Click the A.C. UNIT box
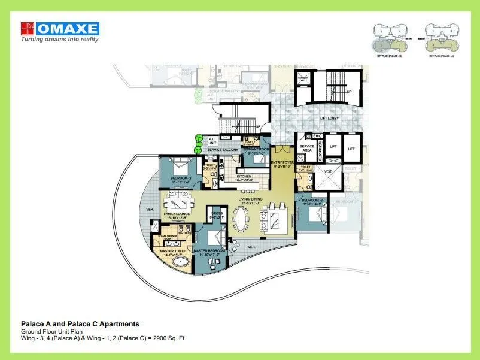[x=212, y=141]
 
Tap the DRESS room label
[x=215, y=213]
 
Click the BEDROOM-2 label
[x=180, y=179]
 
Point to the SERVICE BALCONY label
[x=223, y=150]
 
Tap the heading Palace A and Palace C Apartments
[x=80, y=324]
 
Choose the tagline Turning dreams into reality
[x=60, y=40]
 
